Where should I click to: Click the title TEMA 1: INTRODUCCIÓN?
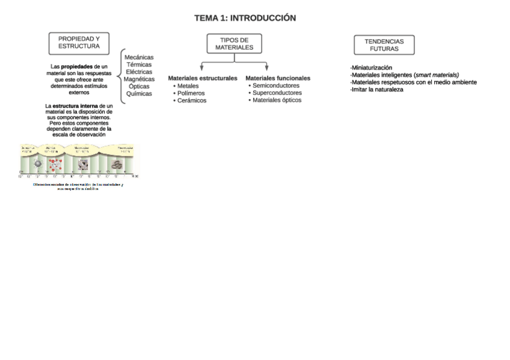coord(245,18)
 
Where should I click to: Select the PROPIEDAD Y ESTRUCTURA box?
coord(79,43)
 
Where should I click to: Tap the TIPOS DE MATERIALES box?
coord(234,44)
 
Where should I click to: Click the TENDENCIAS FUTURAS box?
coord(384,45)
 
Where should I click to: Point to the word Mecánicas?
coord(139,57)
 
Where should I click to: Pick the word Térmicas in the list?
coord(139,64)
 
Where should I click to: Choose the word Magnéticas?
coord(139,79)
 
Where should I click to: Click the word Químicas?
coord(139,94)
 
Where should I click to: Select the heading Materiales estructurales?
coord(203,78)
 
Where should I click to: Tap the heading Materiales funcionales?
coord(278,78)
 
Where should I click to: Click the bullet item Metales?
coord(188,86)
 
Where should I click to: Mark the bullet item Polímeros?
coord(191,93)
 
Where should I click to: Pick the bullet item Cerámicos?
coord(191,100)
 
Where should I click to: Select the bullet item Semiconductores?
coord(275,85)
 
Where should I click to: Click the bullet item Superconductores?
coord(277,93)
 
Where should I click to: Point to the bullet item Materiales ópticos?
coord(277,100)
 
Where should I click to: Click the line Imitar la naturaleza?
coord(377,90)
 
